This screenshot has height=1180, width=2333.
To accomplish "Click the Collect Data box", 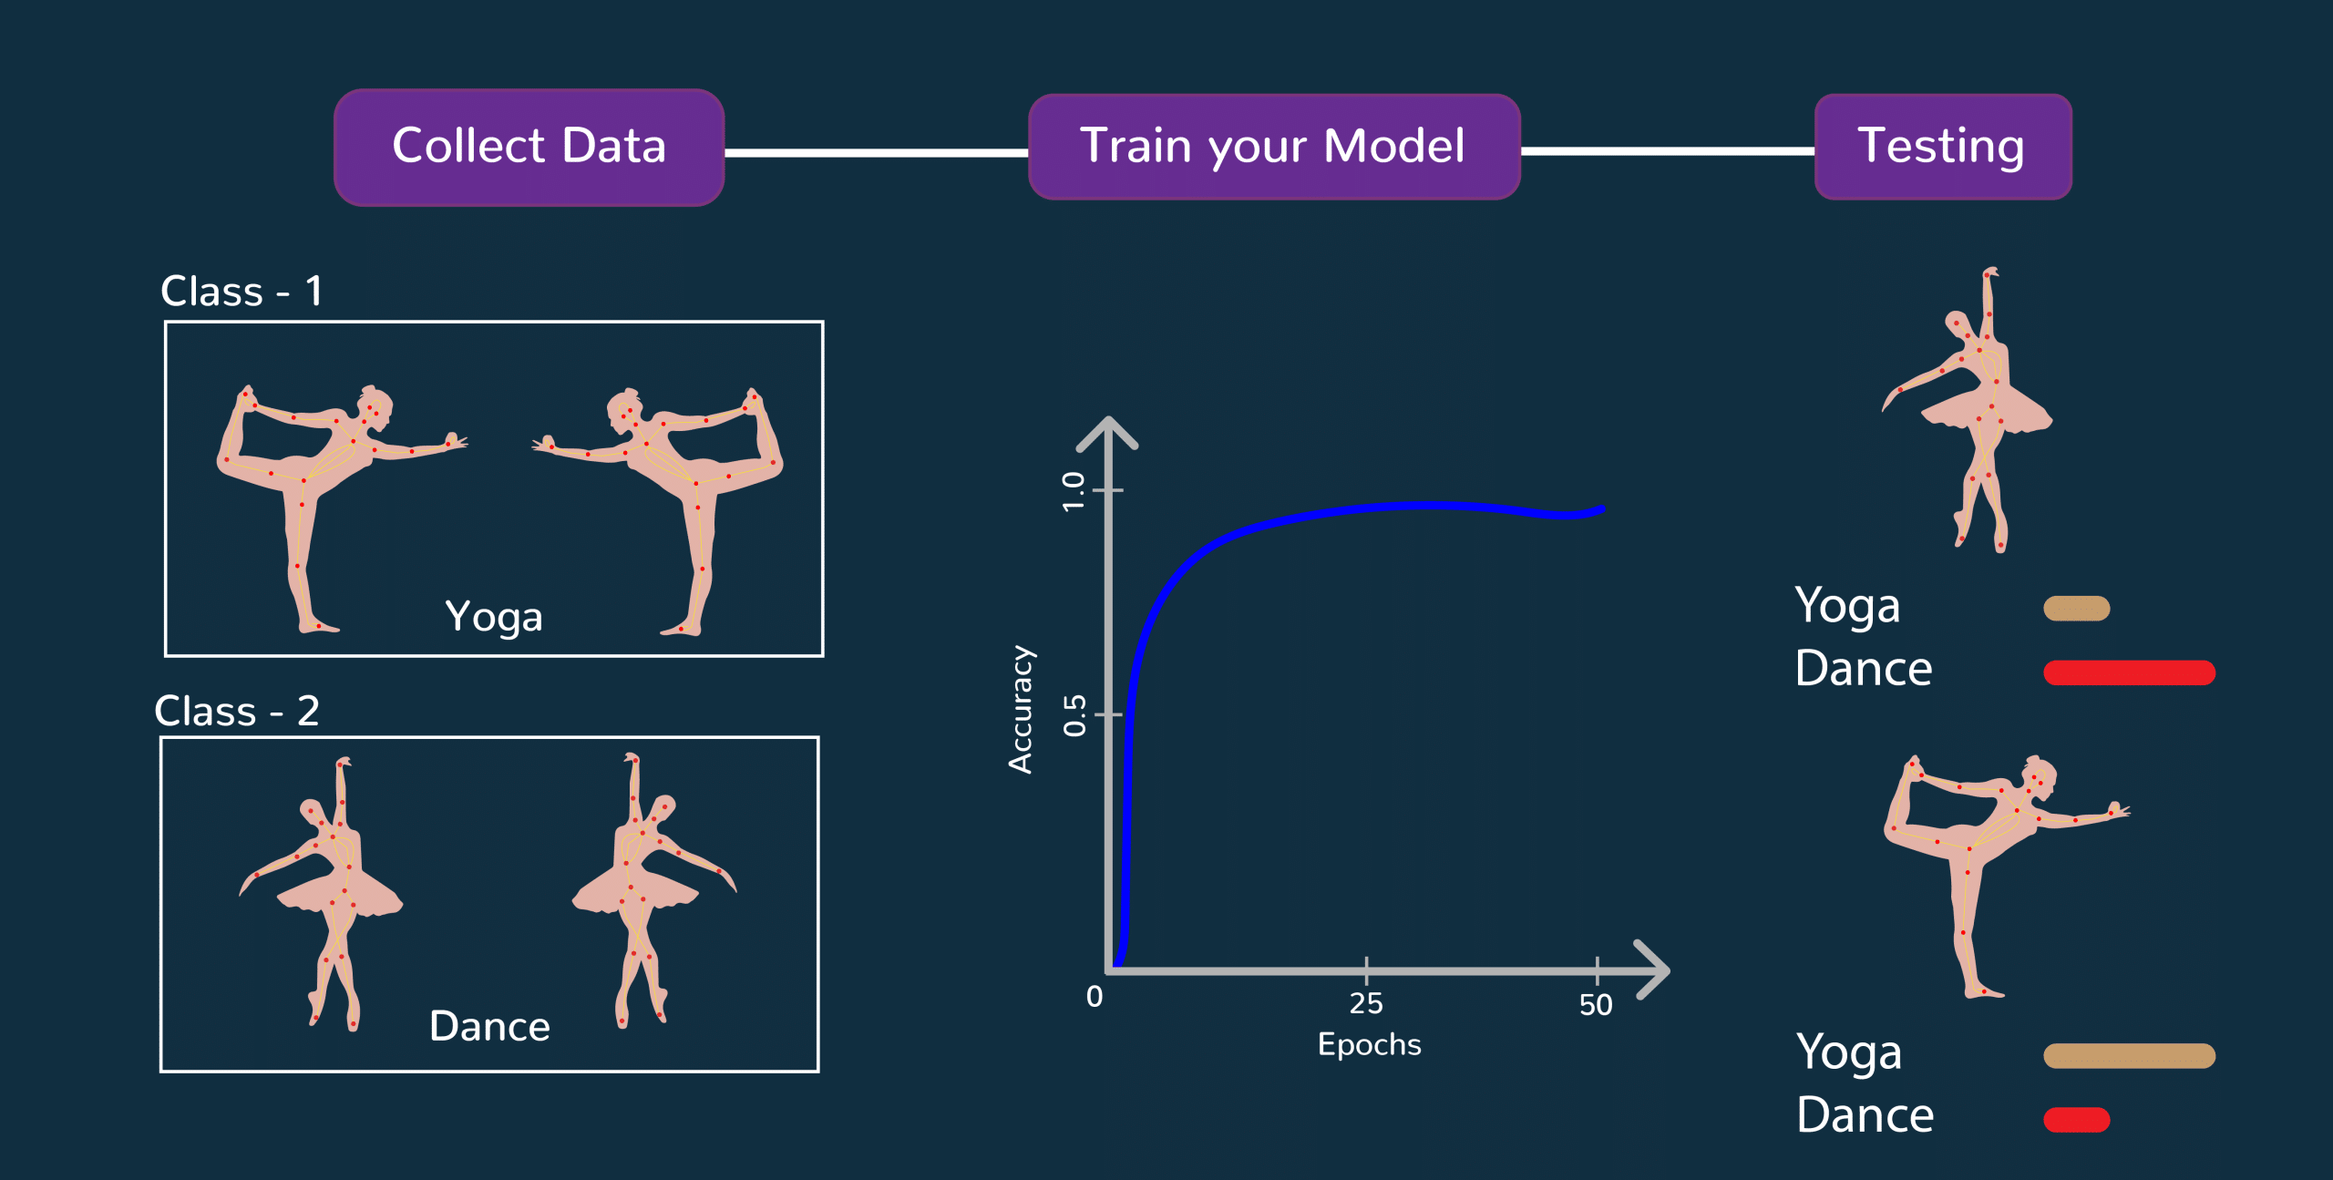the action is [x=529, y=148].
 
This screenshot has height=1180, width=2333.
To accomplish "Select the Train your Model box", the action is [x=1274, y=147].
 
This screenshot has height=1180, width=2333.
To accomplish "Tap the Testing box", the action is [x=1943, y=147].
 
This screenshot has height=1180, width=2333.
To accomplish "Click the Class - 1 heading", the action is [x=242, y=292].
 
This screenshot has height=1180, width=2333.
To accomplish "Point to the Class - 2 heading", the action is [x=237, y=711].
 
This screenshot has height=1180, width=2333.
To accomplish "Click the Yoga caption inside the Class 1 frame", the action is [x=494, y=618].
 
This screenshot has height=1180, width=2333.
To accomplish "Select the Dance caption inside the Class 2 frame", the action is [x=490, y=1027].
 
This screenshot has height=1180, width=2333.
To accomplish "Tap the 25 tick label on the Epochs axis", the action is [x=1366, y=1004].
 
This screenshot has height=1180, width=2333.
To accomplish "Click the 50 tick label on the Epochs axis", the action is [x=1596, y=1005].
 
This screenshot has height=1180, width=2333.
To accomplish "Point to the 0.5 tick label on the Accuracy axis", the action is [x=1075, y=715].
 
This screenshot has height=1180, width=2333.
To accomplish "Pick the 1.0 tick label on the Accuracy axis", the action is [x=1074, y=492].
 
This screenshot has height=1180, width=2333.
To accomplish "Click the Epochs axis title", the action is [x=1370, y=1045].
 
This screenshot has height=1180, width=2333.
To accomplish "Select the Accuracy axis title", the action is [x=1023, y=710].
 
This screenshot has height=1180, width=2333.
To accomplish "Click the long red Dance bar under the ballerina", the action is [x=2130, y=672].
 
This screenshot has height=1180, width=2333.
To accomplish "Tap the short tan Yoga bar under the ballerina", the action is [x=2077, y=608].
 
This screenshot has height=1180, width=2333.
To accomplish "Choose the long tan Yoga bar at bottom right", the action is [x=2130, y=1055].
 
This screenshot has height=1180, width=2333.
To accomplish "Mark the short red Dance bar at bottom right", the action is [x=2077, y=1120].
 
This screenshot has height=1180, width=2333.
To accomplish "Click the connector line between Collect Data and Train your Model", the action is [x=877, y=152].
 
